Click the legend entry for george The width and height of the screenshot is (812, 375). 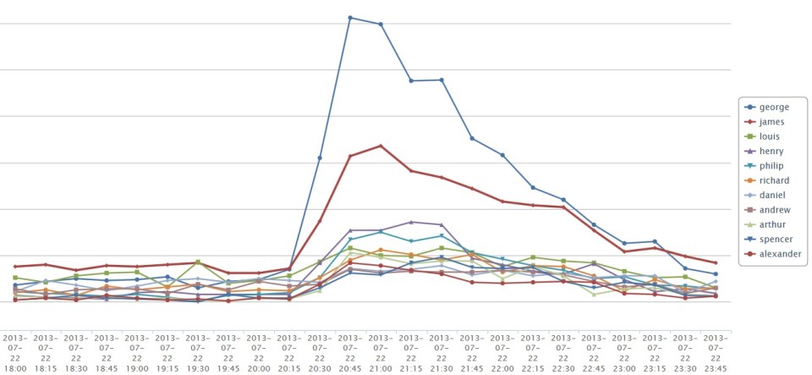[x=774, y=107]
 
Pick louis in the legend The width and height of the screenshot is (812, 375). [x=771, y=136]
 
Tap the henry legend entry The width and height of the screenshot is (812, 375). [x=771, y=151]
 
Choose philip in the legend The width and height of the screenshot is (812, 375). [x=772, y=166]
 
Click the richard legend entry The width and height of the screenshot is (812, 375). [x=774, y=180]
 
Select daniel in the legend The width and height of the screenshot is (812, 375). [x=772, y=195]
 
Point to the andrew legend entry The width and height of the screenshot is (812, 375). [x=774, y=210]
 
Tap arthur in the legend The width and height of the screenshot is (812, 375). [x=772, y=224]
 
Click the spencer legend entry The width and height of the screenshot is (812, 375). [x=775, y=240]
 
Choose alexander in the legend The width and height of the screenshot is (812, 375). [x=778, y=254]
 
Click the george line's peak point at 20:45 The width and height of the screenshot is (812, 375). [x=350, y=17]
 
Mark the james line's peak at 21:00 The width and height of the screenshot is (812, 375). [x=381, y=146]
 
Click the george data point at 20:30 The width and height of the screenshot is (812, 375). [x=320, y=158]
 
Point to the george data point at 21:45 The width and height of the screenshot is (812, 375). [x=472, y=138]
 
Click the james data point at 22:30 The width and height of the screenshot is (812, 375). [x=563, y=207]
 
